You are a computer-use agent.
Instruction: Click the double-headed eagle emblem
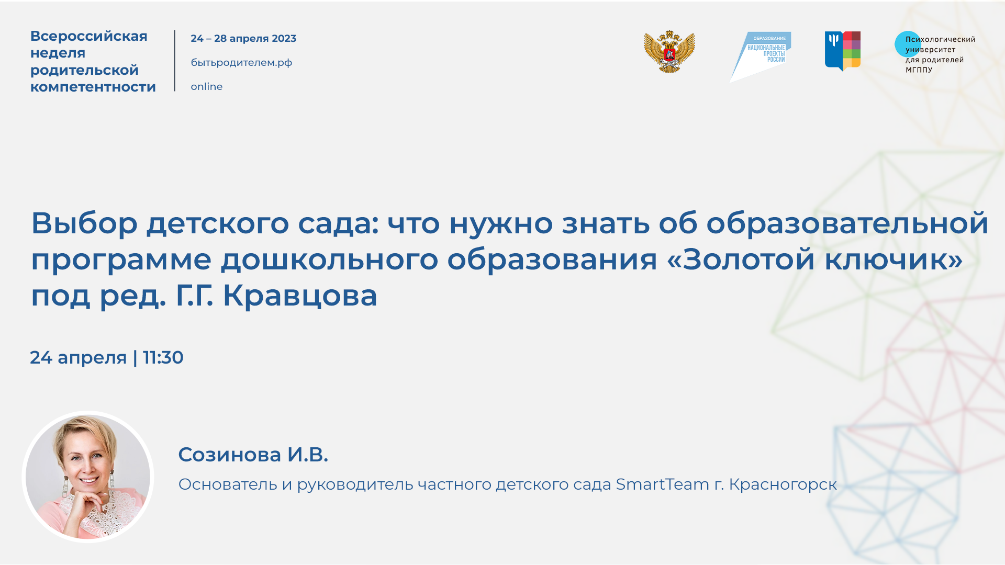[x=669, y=52]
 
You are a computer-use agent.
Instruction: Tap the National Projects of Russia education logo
[x=762, y=55]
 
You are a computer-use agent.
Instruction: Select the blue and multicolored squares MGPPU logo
[x=843, y=51]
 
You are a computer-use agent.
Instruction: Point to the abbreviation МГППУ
[x=919, y=70]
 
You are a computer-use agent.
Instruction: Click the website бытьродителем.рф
[x=241, y=63]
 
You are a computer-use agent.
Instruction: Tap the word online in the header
[x=207, y=87]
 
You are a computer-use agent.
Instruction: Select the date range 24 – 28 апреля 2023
[x=243, y=39]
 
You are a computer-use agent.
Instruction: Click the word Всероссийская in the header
[x=89, y=36]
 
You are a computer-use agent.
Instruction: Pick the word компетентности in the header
[x=93, y=87]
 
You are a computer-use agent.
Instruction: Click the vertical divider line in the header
[x=175, y=61]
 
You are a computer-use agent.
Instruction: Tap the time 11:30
[x=163, y=358]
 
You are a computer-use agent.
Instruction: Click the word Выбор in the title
[x=84, y=223]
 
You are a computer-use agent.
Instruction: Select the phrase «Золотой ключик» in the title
[x=815, y=259]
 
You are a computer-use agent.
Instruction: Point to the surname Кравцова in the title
[x=300, y=296]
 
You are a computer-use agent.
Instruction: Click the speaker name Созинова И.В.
[x=253, y=455]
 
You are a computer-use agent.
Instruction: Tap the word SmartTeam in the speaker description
[x=662, y=484]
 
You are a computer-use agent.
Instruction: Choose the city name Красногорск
[x=783, y=485]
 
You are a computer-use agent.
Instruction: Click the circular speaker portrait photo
[x=88, y=477]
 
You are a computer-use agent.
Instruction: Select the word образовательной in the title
[x=847, y=223]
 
